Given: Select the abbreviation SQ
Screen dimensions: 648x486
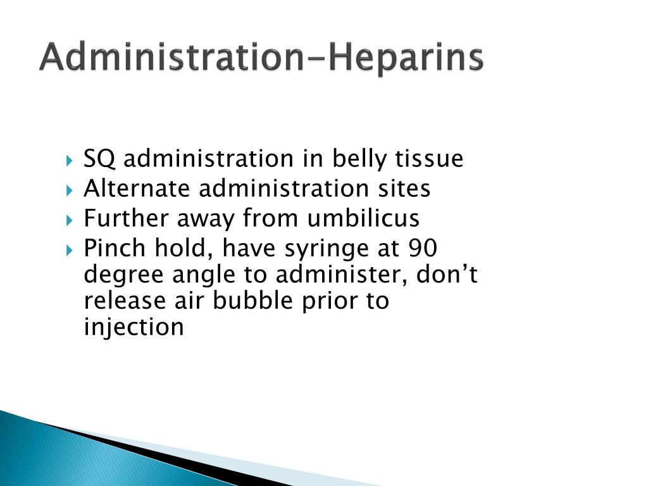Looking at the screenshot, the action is (99, 159).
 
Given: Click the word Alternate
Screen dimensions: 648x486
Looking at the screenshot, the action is (137, 189).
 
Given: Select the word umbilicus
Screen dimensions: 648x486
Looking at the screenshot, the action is (363, 218).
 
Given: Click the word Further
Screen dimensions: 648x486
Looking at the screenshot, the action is (127, 218).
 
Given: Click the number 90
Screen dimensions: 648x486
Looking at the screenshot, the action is (423, 248).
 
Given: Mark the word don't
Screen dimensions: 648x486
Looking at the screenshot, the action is (447, 274).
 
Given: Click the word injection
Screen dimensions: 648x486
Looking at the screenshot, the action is (134, 327).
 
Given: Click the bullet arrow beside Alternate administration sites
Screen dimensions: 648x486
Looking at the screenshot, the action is (69, 190).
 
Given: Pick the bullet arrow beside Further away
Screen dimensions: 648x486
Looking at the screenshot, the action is (69, 220).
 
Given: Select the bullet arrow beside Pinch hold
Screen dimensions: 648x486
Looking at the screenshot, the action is (69, 249).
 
